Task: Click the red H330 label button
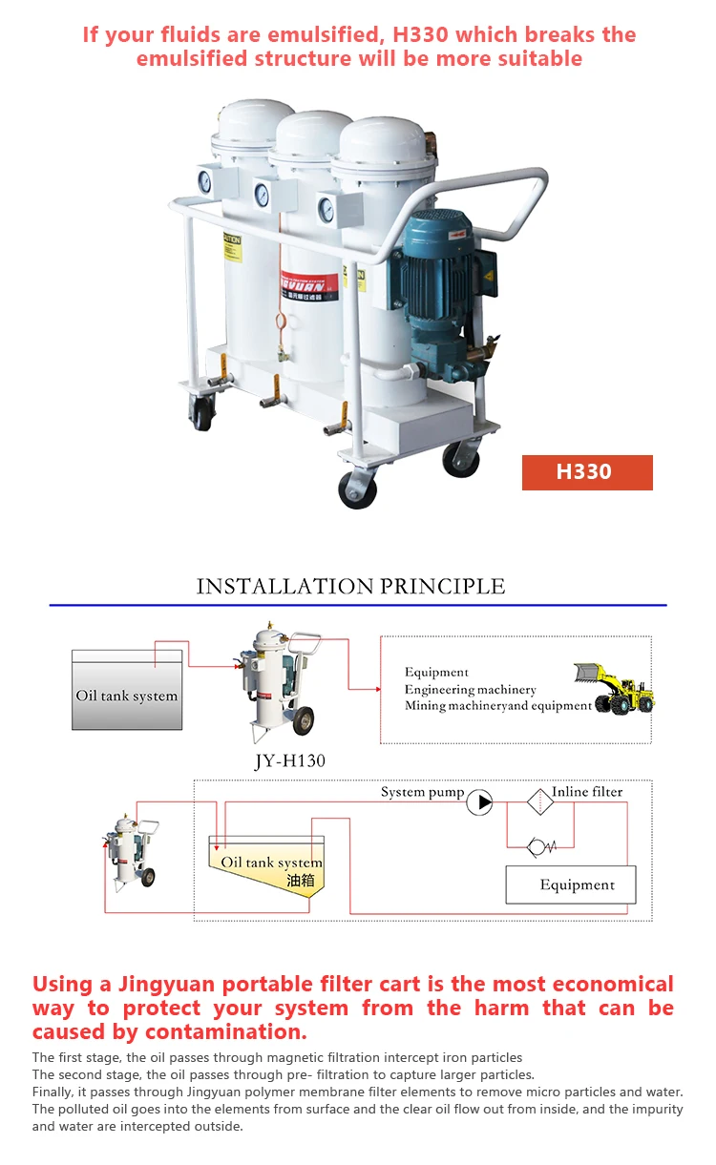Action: pos(587,472)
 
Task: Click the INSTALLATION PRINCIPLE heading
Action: pos(350,586)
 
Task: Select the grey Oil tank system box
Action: pos(127,690)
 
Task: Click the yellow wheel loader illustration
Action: pos(616,688)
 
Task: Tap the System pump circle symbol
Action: pos(479,803)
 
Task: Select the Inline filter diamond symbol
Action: pos(540,802)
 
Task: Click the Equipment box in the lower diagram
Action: pos(571,884)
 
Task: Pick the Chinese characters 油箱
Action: pos(301,881)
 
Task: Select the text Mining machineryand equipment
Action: pos(497,706)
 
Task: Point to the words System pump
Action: pos(422,792)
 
